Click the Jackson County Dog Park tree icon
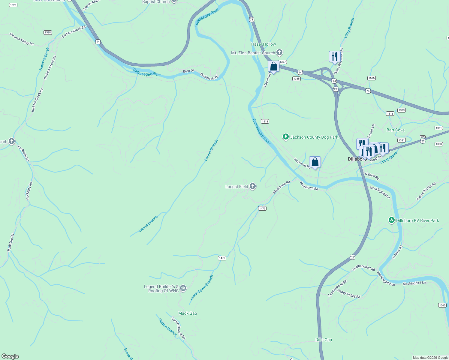[x=285, y=137]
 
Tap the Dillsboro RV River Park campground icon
[x=391, y=220]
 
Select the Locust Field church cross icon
[x=253, y=187]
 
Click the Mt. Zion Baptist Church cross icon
[x=279, y=53]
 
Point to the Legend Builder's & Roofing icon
[x=183, y=289]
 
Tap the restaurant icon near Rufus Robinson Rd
[x=334, y=56]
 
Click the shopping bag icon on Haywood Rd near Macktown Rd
[x=315, y=162]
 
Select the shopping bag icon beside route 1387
[x=273, y=67]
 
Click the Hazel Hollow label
[x=264, y=44]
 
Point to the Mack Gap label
[x=188, y=313]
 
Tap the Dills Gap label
[x=324, y=340]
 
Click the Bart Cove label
[x=395, y=130]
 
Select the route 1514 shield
[x=265, y=121]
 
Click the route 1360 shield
[x=442, y=305]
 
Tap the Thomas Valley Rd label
[x=22, y=39]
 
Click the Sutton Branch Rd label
[x=178, y=328]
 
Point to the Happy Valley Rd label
[x=348, y=294]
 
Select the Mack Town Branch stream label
[x=202, y=288]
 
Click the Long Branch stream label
[x=349, y=28]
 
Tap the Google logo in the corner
[x=10, y=356]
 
